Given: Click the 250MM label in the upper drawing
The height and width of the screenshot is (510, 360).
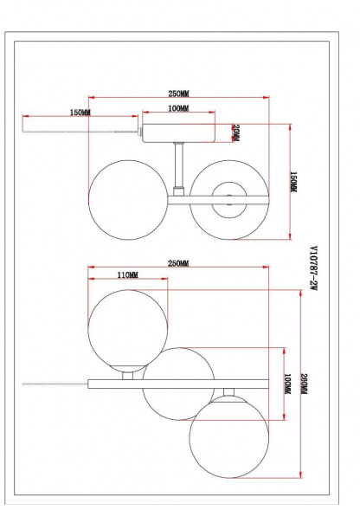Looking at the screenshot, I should click(179, 93).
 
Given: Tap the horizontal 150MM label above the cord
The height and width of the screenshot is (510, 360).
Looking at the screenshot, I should click(80, 113).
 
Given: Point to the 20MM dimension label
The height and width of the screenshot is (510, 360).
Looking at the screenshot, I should click(235, 133).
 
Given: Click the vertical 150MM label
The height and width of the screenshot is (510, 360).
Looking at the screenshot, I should click(293, 184).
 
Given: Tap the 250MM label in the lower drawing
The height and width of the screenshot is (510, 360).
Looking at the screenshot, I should click(179, 262).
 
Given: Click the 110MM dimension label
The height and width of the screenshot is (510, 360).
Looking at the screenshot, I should click(125, 275).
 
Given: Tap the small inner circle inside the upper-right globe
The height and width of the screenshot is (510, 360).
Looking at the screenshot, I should click(228, 198).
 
